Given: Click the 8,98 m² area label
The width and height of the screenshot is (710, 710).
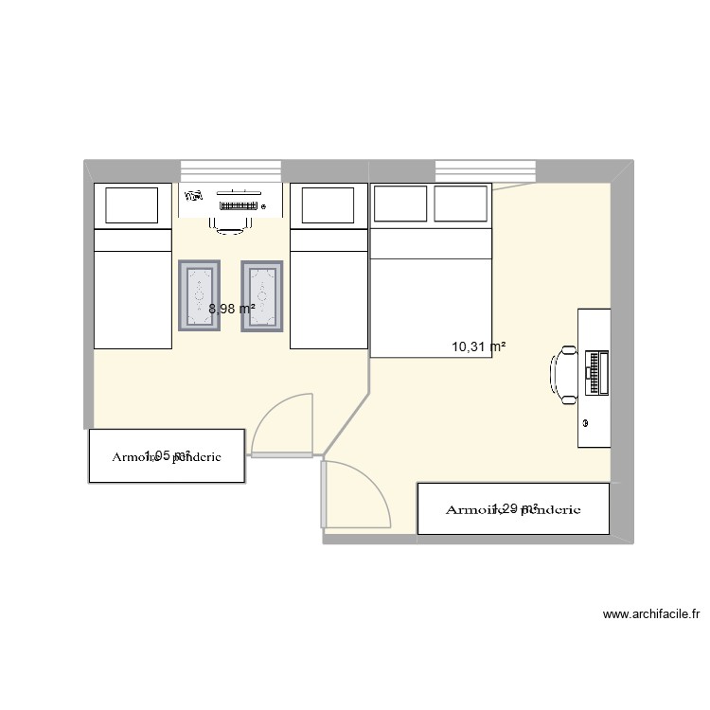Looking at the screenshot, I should point(232,308).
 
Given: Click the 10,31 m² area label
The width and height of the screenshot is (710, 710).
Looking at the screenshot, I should point(478,347).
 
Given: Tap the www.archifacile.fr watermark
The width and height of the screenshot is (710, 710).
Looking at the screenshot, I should point(650,613).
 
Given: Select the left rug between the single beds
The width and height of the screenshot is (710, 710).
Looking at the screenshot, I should point(200,295).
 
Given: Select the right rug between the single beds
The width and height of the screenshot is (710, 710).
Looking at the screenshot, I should point(262,296).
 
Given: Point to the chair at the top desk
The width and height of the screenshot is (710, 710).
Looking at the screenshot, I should point(232,223).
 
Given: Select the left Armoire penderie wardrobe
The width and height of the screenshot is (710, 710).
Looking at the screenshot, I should point(167,456).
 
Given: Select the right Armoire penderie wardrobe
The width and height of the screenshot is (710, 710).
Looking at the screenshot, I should point(512,509).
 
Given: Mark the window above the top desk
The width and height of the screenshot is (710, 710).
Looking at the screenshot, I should point(232,170).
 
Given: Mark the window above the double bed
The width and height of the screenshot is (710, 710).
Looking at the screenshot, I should point(486,170).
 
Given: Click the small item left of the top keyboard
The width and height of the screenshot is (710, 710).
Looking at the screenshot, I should point(196,197).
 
